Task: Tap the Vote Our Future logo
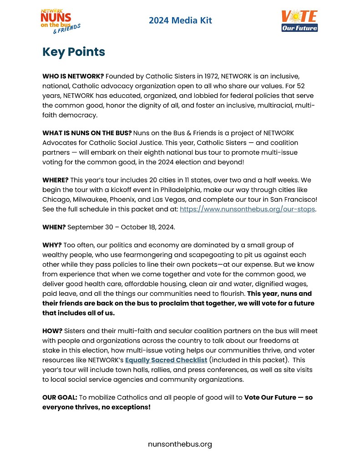(x=299, y=21)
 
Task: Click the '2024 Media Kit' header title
(x=180, y=20)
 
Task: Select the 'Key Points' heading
(x=74, y=52)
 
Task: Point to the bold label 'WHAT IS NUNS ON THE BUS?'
(x=87, y=133)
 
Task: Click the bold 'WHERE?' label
(x=56, y=181)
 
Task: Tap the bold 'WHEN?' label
(x=54, y=226)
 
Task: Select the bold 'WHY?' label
(x=52, y=245)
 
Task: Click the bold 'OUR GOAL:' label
(x=60, y=397)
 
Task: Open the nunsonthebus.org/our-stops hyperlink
(x=247, y=210)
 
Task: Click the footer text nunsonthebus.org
(x=180, y=444)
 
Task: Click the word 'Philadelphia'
(x=201, y=190)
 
